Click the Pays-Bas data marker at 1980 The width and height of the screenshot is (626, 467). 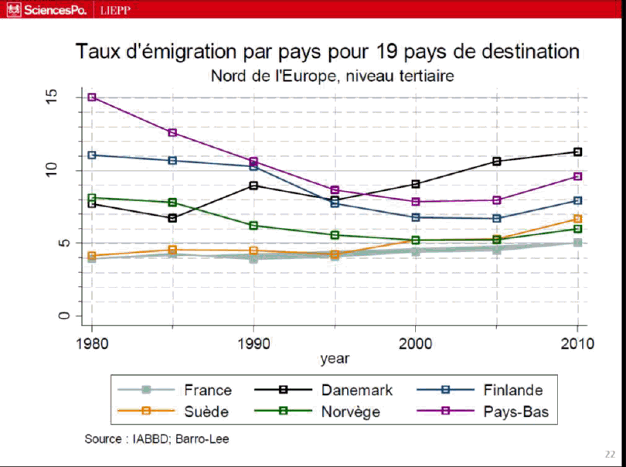[x=92, y=97]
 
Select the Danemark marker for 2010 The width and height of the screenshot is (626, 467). [x=577, y=152]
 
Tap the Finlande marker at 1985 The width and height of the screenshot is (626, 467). [x=173, y=160]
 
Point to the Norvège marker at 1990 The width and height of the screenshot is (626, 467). [x=253, y=226]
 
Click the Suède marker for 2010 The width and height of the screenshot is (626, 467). [x=577, y=219]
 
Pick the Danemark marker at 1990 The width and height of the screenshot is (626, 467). [x=253, y=185]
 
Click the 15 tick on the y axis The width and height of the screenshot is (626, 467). [x=53, y=97]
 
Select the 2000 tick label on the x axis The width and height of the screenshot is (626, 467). [x=416, y=343]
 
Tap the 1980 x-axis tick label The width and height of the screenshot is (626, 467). [x=92, y=343]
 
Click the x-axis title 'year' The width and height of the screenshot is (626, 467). [x=335, y=359]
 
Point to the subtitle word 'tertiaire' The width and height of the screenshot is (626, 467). [x=420, y=76]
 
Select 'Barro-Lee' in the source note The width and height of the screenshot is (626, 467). [x=204, y=439]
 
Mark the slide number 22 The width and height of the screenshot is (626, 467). [x=610, y=454]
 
